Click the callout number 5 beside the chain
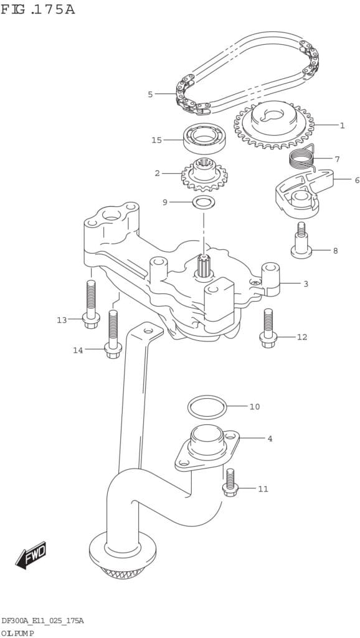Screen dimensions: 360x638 coord(150,95)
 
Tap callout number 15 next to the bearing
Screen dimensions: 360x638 coord(156,140)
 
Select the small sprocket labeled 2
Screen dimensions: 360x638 coord(205,174)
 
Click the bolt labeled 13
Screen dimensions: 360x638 coord(91,304)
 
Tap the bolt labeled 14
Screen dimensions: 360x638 coord(113,334)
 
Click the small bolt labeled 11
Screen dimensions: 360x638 coord(230,482)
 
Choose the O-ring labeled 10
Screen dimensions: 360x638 coord(207,407)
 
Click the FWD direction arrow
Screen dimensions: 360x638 coord(31,555)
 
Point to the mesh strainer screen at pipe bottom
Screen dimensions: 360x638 coord(123,573)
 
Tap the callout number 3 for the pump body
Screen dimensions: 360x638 coord(306,284)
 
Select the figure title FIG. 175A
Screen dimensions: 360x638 coord(38,9)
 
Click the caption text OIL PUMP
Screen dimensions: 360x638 coord(17,633)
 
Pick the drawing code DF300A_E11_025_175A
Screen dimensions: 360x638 coord(43,621)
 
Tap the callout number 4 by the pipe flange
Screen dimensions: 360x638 coord(270,439)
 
